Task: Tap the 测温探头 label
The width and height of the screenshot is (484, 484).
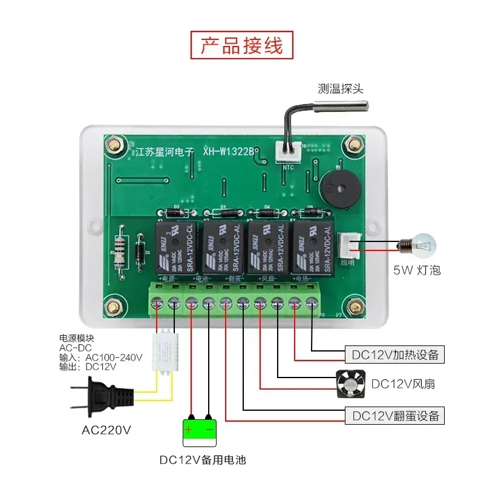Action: point(341,89)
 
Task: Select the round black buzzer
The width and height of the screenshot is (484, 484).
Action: point(337,186)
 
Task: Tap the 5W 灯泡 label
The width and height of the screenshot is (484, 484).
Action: point(417,270)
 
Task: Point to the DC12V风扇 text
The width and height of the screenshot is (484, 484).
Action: point(403,384)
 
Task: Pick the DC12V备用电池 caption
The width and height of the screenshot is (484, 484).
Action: point(203,460)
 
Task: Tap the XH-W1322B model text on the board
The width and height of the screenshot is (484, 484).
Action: point(228,152)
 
